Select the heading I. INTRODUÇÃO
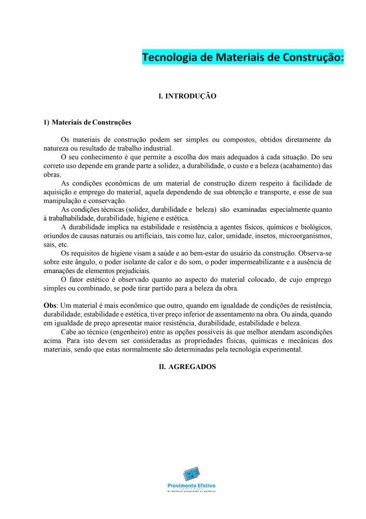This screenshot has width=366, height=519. pyautogui.click(x=187, y=97)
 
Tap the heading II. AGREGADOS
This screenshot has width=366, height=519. pyautogui.click(x=187, y=366)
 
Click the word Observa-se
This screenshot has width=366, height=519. pyautogui.click(x=315, y=253)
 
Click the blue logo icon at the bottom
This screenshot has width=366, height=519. pyautogui.click(x=191, y=475)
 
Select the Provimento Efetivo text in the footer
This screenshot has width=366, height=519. pyautogui.click(x=191, y=486)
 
